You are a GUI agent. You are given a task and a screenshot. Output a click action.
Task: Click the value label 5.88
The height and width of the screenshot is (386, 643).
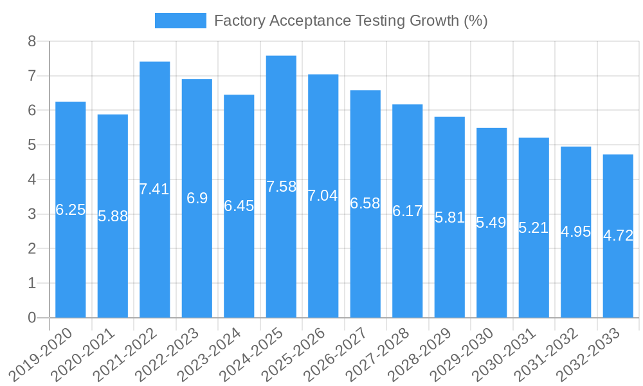coord(113,216)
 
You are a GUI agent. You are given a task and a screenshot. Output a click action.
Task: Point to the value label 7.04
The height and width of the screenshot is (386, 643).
coord(323,196)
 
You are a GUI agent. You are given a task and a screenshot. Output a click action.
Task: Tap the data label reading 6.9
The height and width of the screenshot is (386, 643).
coord(197,198)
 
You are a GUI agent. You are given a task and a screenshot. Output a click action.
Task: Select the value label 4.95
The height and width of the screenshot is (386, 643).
coord(575,232)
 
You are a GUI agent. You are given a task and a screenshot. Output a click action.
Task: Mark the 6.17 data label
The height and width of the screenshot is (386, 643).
coord(407,211)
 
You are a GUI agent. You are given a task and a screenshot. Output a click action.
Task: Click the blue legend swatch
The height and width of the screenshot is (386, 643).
coord(181,21)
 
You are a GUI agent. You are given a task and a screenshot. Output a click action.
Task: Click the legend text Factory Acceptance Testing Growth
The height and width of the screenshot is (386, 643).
coord(350,21)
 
